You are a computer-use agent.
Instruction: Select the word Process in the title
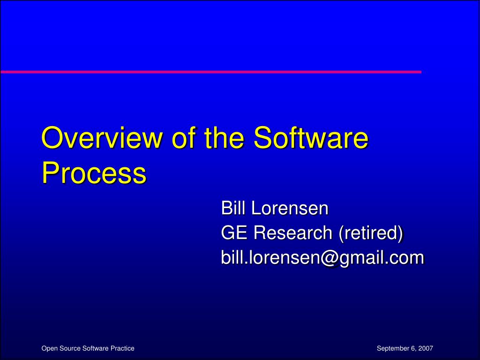pos(94,173)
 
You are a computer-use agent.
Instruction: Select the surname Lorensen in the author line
pos(290,208)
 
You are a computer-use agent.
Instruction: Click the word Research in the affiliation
pos(293,232)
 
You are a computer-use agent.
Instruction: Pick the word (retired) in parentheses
pos(371,233)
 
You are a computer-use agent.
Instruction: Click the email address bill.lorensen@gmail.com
pos(322,258)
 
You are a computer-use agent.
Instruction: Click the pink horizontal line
pos(211,72)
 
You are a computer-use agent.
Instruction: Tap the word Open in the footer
pos(48,349)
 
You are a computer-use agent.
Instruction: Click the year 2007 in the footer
pos(426,348)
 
